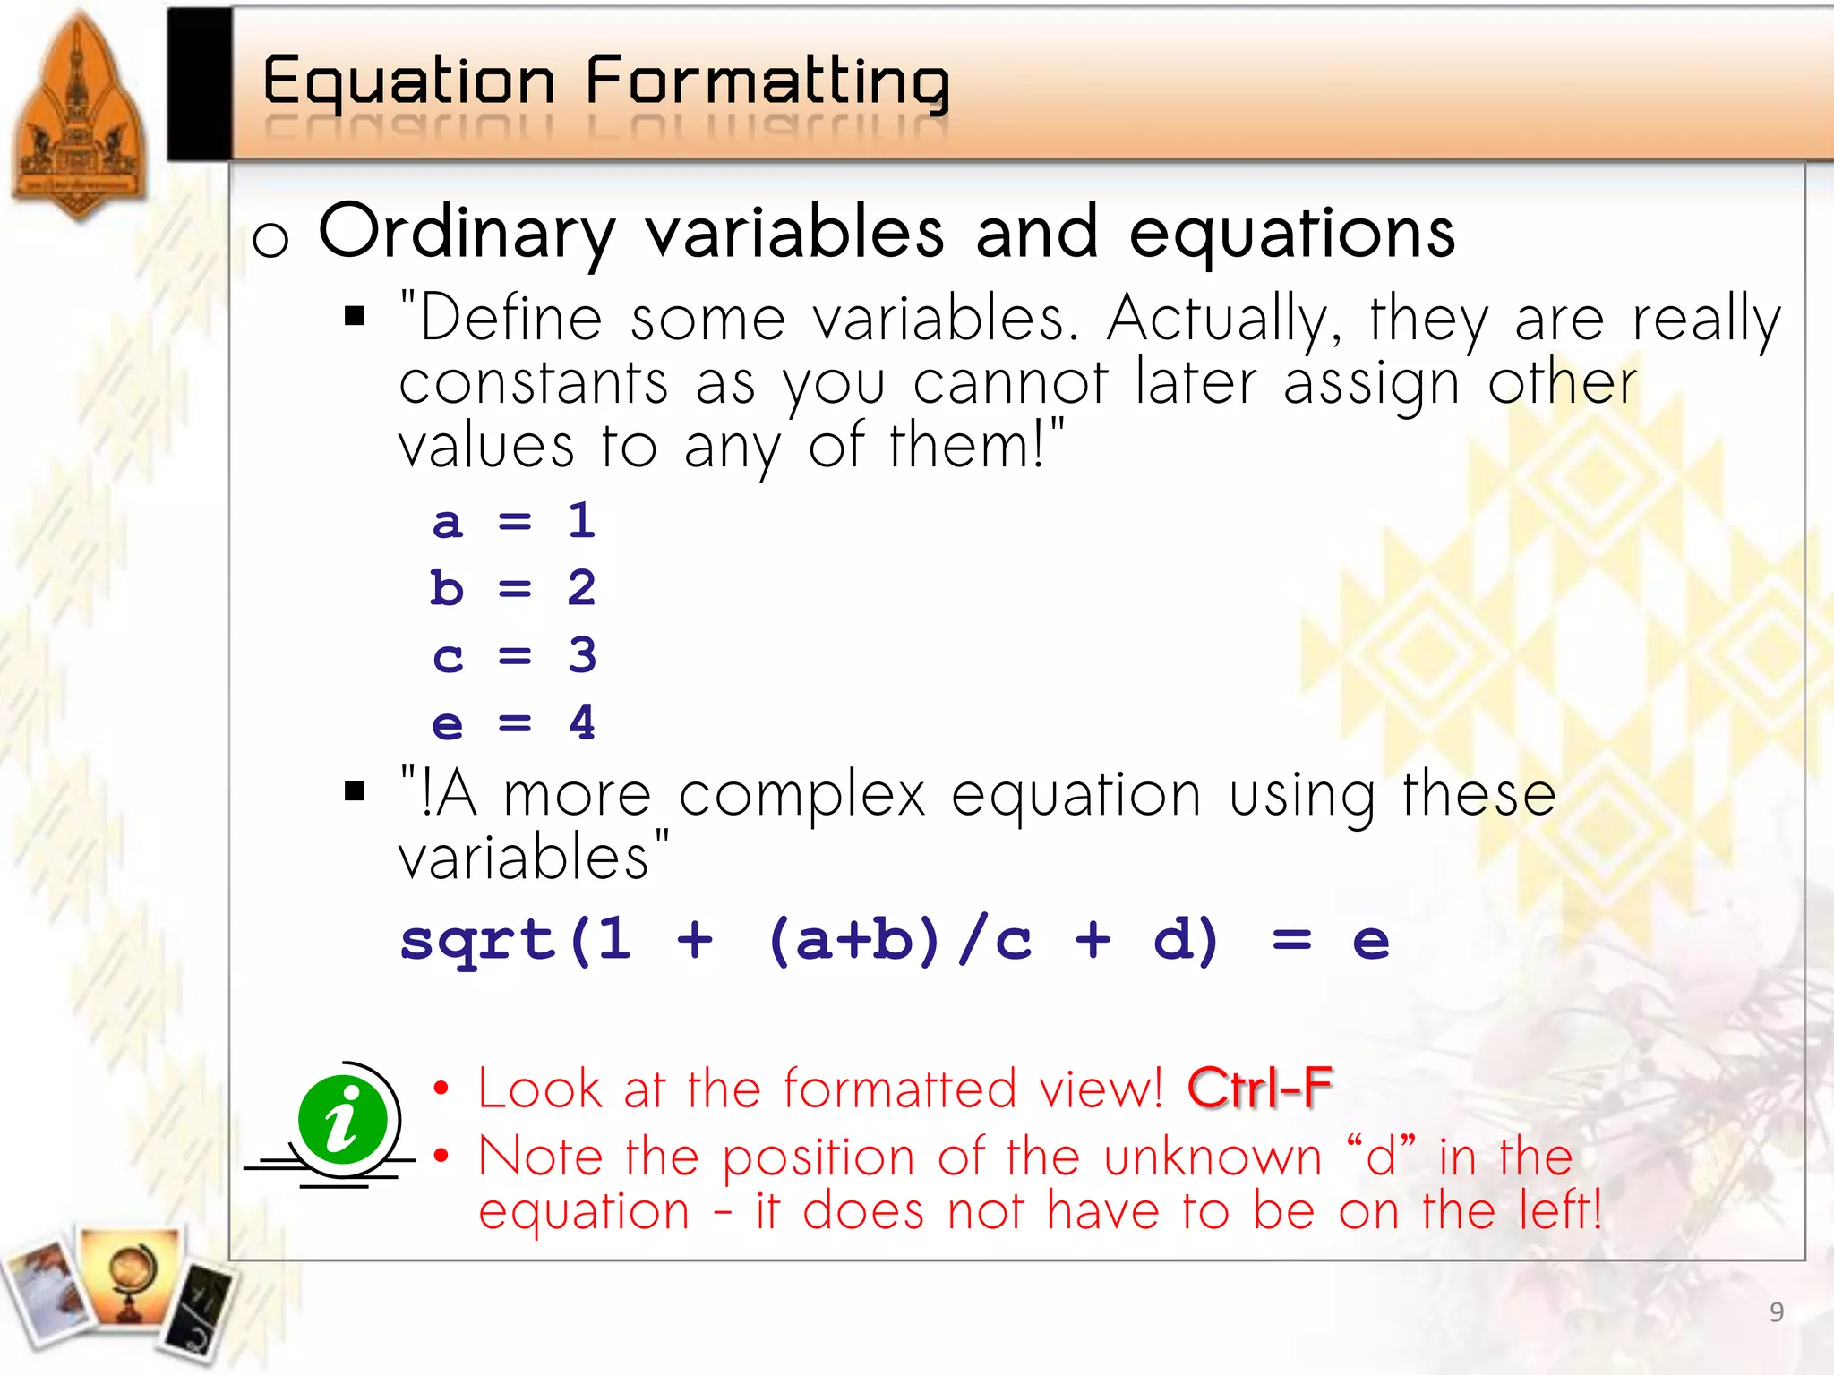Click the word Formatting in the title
coord(767,82)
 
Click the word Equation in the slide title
coord(408,82)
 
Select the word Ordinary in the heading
coord(467,232)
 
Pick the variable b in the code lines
coord(447,588)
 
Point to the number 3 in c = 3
coord(582,655)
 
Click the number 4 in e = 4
coord(582,722)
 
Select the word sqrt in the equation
coord(477,941)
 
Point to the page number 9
coord(1777,1312)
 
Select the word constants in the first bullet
coord(534,384)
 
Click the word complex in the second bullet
coord(801,795)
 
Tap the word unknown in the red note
coord(1212,1157)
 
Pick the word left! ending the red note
coord(1559,1210)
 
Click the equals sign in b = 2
coord(515,588)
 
